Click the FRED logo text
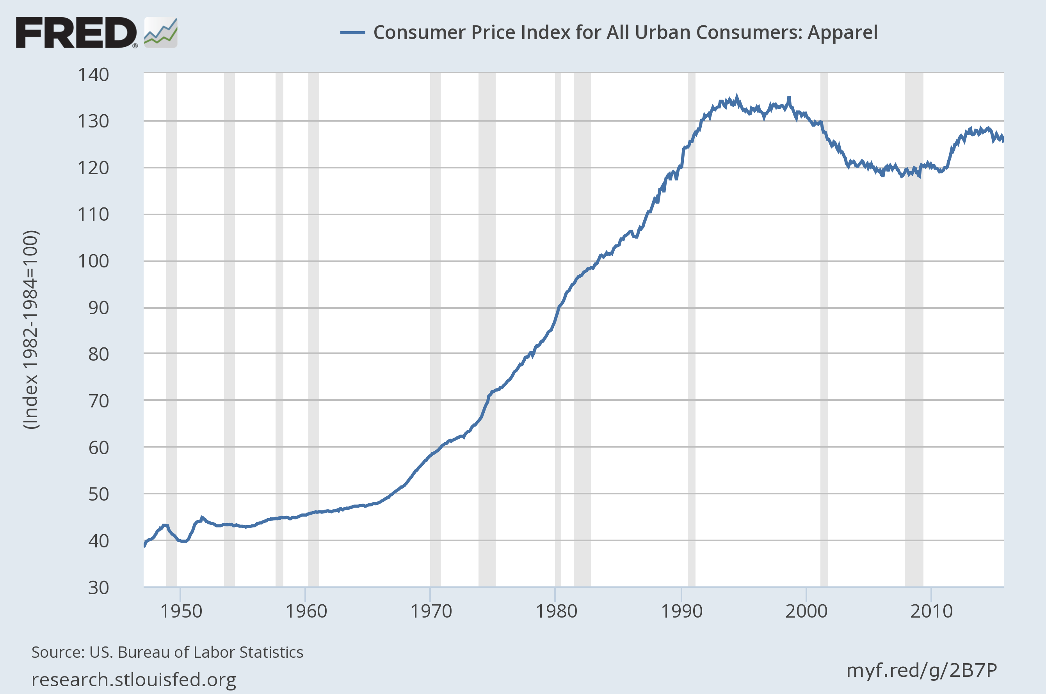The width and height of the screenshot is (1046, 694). [x=76, y=32]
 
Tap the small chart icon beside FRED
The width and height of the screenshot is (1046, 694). [x=161, y=32]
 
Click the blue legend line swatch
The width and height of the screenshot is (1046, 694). [x=352, y=33]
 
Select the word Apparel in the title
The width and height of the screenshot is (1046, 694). [x=842, y=32]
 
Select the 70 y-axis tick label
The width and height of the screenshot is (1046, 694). [x=98, y=401]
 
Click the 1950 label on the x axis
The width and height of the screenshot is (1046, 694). [x=181, y=612]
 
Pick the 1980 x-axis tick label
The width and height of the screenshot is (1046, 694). [x=557, y=612]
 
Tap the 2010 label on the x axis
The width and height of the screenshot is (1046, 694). [x=931, y=612]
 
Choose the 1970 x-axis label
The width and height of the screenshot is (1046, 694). [x=431, y=612]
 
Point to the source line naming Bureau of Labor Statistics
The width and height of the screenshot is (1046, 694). [x=167, y=652]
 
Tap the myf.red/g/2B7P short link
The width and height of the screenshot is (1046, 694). [x=921, y=671]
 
